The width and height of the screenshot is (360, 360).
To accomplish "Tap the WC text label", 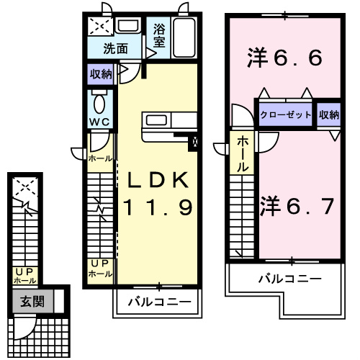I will [99, 120].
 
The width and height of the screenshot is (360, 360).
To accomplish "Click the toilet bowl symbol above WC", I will [99, 99].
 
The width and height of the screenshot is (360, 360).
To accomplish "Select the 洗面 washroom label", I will [115, 50].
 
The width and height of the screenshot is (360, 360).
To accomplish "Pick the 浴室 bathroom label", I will [159, 37].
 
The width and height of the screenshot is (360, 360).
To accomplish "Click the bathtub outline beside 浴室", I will [186, 37].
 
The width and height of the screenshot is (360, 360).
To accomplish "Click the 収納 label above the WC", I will [101, 73].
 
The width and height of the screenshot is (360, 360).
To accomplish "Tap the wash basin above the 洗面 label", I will [129, 27].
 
